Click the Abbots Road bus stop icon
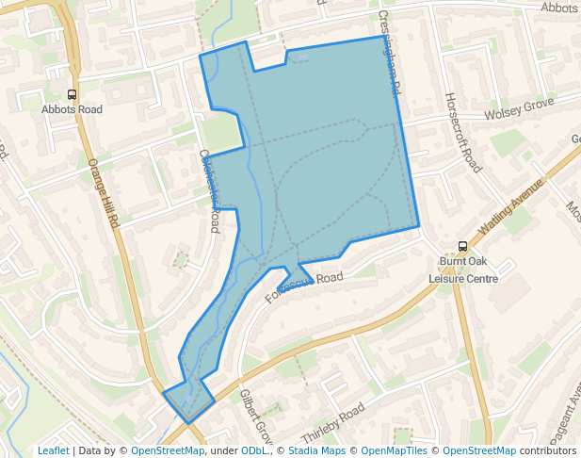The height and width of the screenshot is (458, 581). point(72,94)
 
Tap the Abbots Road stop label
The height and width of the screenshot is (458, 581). point(72,109)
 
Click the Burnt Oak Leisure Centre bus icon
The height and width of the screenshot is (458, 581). point(462,247)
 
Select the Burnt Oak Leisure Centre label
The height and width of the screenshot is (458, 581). point(462,270)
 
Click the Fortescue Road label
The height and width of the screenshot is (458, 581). point(304,286)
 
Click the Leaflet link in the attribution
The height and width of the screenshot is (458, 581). point(53,450)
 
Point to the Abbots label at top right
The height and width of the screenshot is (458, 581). point(559,8)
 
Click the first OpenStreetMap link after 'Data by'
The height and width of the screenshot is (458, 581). point(168,450)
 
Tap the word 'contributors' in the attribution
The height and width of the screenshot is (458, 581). point(548,450)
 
